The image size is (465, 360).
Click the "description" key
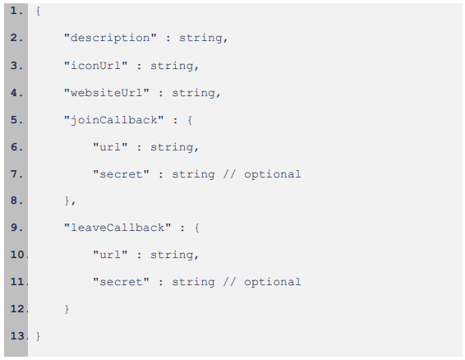click(110, 38)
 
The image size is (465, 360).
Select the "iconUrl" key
click(96, 65)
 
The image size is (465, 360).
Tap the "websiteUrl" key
click(107, 93)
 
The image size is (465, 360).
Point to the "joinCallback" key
click(114, 120)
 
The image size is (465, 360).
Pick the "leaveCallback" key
click(117, 228)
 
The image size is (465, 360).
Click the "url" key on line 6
click(110, 146)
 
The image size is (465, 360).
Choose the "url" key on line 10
click(110, 254)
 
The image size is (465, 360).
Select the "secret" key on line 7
click(121, 174)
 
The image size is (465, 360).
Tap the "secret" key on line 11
click(121, 282)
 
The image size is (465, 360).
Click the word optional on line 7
click(273, 174)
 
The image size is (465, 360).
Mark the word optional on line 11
click(273, 282)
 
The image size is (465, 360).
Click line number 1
click(16, 11)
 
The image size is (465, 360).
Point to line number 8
click(16, 201)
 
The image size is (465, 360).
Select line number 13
click(19, 336)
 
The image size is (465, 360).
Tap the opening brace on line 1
click(38, 12)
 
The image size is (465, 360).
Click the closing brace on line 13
click(38, 336)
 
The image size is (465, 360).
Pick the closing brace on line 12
click(67, 309)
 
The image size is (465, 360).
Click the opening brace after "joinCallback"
click(190, 120)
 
